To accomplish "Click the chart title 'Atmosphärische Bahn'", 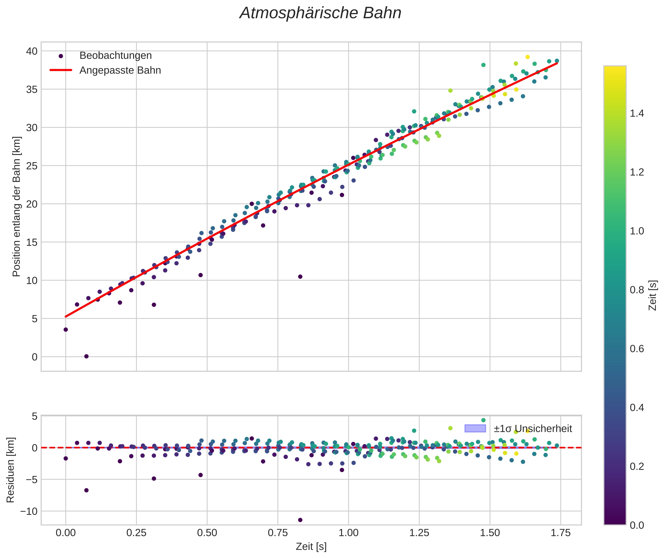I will [x=320, y=13].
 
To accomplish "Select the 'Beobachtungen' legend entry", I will [x=116, y=56].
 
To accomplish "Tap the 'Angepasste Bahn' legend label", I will [x=120, y=70].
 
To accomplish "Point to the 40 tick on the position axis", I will [x=32, y=51].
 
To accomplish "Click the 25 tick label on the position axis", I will [x=32, y=166].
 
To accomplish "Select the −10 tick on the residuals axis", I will [x=29, y=511].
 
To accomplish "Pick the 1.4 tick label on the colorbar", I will [x=636, y=114].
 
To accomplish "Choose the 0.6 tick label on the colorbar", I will [x=636, y=349].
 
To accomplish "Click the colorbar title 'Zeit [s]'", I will [x=652, y=295].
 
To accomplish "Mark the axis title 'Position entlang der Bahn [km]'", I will [x=16, y=206].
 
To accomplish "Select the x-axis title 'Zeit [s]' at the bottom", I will [x=311, y=547].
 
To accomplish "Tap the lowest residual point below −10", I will [x=300, y=520].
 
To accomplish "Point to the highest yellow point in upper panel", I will [x=527, y=57].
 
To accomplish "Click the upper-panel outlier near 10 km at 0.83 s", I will [x=300, y=277].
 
